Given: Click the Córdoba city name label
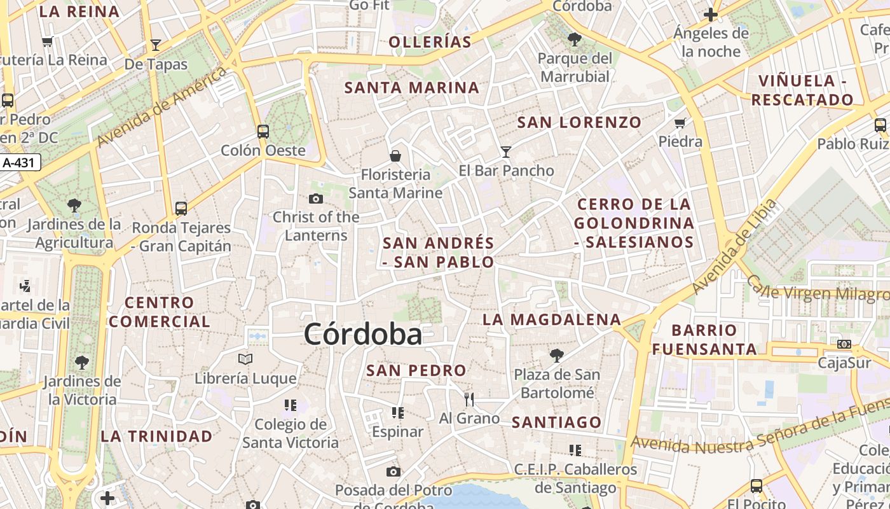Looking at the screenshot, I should pos(362,334).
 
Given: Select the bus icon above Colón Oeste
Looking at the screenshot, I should pos(263,132).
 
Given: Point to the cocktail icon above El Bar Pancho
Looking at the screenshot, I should pos(506,151).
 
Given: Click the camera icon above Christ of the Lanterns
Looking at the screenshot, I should pos(315,199).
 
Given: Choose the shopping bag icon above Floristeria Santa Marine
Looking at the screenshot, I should pos(395,156).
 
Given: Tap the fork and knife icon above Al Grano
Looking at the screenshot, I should pos(469,400).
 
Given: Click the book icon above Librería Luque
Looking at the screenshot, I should pos(245,359).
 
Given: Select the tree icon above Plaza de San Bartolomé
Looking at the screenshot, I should pos(557,355).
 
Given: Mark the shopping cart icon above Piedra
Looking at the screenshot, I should pos(680,123).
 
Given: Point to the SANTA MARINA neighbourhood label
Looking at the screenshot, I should pos(411,88).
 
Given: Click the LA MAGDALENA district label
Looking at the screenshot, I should pos(551,319).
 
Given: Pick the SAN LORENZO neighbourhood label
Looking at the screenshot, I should pos(579,122).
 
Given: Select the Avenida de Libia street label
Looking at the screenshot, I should pos(734,247).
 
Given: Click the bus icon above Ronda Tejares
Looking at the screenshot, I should pos(181,208).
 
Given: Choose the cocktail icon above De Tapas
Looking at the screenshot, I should pos(156,45).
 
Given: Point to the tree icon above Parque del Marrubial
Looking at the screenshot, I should pos(575,39).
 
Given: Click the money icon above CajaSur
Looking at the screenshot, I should pos(844,344).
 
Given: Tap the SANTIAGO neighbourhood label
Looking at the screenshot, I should pos(556,422).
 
